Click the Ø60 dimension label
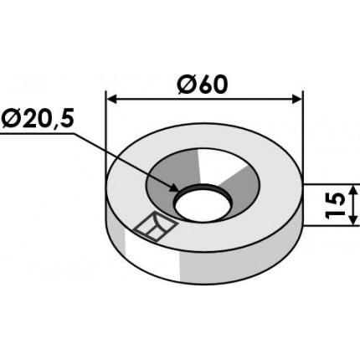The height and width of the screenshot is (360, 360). click(203, 85)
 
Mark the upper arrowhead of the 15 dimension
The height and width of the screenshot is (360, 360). click(354, 191)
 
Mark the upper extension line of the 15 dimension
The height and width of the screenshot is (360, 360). click(331, 185)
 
